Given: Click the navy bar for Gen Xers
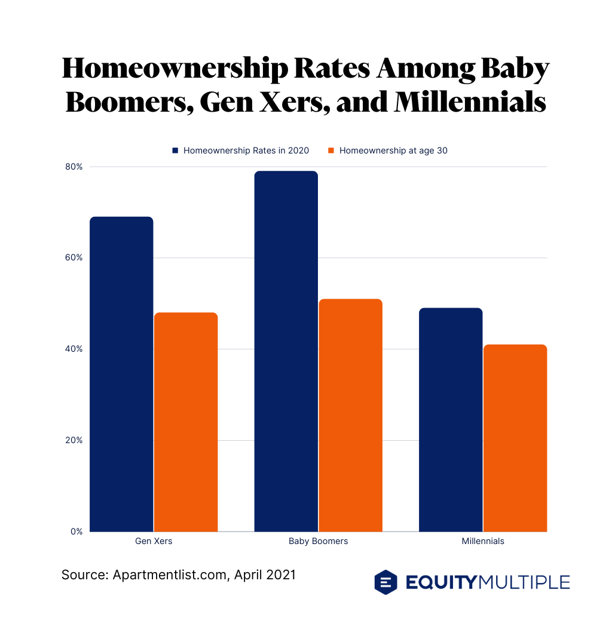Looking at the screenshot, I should [121, 374].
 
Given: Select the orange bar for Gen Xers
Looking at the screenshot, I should [186, 422].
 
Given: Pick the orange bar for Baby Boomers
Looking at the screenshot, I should [350, 415].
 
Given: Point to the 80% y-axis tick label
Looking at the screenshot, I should [74, 167].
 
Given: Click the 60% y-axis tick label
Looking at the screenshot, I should [74, 258].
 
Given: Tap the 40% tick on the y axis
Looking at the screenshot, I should [74, 349].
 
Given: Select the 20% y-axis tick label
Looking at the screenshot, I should [74, 440].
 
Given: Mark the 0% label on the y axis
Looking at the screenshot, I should [76, 532].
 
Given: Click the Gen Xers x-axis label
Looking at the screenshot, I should [154, 541].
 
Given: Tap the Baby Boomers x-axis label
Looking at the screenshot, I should [318, 541].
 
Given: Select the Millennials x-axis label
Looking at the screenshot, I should [483, 541].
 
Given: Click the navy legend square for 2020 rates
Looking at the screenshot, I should [175, 150].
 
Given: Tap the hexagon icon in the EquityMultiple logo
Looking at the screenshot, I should [385, 582].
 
